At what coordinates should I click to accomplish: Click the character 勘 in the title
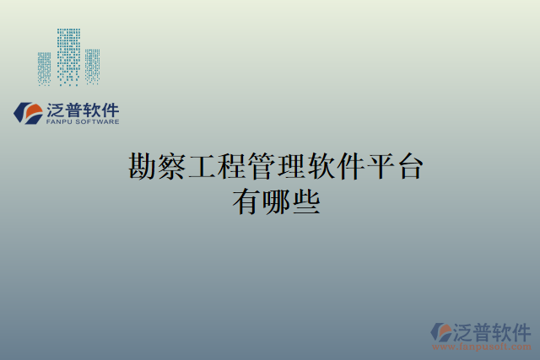(142, 166)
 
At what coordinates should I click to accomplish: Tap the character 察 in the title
(172, 166)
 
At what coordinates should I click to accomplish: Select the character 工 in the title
(202, 166)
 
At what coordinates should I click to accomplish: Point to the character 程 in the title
(232, 166)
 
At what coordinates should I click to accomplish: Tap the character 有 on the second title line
(246, 203)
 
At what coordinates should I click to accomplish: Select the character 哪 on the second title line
(276, 203)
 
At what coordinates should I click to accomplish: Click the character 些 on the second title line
(305, 203)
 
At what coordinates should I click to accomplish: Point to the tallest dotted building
(68, 56)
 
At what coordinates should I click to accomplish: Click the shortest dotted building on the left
(44, 68)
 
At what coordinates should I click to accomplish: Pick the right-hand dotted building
(92, 66)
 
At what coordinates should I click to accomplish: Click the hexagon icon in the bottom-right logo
(442, 332)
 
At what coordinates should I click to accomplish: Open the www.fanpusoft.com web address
(482, 347)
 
